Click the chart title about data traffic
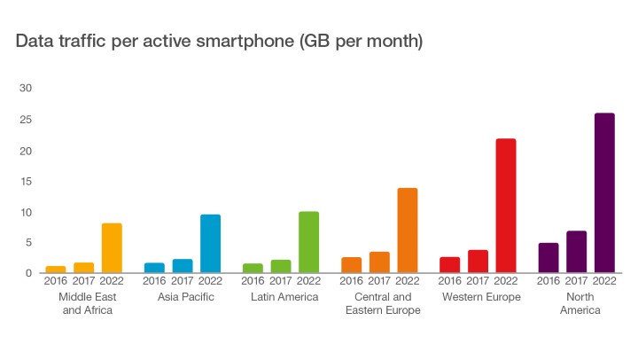(x=217, y=42)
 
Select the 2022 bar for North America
(x=604, y=193)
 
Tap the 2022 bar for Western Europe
(x=505, y=206)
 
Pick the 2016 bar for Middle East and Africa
(x=56, y=270)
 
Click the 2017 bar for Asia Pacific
(x=183, y=266)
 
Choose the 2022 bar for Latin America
(x=308, y=242)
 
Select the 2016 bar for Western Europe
(x=450, y=265)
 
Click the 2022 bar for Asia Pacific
(x=210, y=244)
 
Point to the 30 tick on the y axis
(x=26, y=89)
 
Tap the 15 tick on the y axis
(x=26, y=181)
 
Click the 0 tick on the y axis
(x=28, y=273)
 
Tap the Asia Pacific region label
(x=186, y=297)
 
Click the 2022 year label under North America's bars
(x=605, y=282)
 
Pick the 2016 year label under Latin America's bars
(x=253, y=282)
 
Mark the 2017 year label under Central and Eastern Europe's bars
(x=379, y=282)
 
